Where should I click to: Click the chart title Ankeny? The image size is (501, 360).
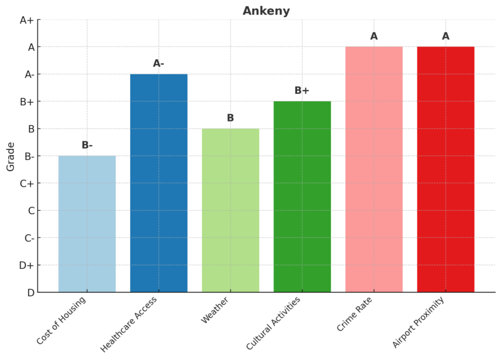pyautogui.click(x=266, y=11)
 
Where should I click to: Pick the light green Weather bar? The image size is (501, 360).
pyautogui.click(x=230, y=210)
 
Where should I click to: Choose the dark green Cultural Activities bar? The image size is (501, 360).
pyautogui.click(x=302, y=196)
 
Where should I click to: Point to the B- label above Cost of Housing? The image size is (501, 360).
pyautogui.click(x=87, y=145)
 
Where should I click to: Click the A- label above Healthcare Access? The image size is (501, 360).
pyautogui.click(x=159, y=63)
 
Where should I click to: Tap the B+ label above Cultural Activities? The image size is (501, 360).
pyautogui.click(x=302, y=90)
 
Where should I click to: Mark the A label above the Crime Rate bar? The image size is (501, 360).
pyautogui.click(x=374, y=36)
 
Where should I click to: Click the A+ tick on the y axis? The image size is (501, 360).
pyautogui.click(x=27, y=20)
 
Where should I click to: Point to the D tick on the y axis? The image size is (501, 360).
pyautogui.click(x=31, y=293)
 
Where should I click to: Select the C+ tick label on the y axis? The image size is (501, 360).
pyautogui.click(x=27, y=183)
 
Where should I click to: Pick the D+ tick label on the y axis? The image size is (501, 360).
pyautogui.click(x=27, y=265)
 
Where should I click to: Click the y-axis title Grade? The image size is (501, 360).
pyautogui.click(x=11, y=156)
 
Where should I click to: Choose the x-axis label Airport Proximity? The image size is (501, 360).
pyautogui.click(x=419, y=323)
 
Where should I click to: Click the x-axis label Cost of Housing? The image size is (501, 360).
pyautogui.click(x=61, y=320)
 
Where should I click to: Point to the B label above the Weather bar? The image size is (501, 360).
pyautogui.click(x=230, y=118)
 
